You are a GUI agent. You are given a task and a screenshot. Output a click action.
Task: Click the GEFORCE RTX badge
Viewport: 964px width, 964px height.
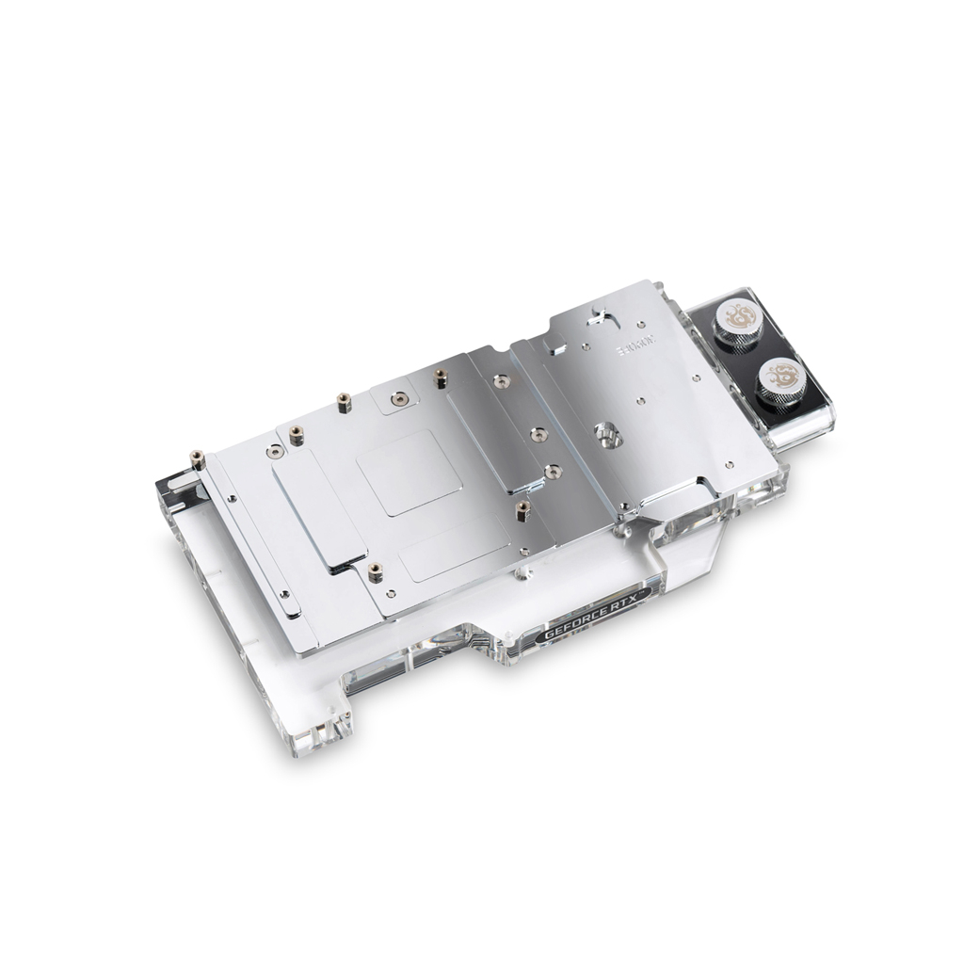(x=585, y=629)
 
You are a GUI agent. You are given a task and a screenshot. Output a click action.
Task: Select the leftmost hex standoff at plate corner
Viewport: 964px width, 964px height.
(x=198, y=458)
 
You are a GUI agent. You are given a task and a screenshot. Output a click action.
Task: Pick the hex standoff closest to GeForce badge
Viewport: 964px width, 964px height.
(x=522, y=511)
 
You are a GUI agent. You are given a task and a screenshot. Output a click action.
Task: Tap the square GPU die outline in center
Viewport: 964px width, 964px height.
(x=409, y=473)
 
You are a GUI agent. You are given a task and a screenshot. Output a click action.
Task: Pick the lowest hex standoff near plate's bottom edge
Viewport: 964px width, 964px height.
(x=375, y=571)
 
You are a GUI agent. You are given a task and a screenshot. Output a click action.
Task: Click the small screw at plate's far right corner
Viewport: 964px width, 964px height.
(x=731, y=464)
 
